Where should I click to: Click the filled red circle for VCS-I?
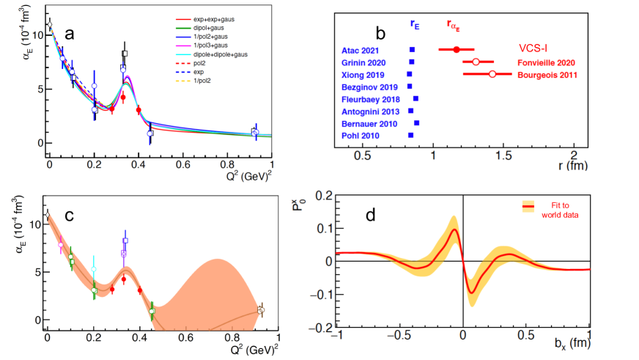(457, 49)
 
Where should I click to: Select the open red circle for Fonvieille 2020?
(476, 62)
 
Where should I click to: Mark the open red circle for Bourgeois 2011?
(492, 74)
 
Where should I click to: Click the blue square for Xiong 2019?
(410, 74)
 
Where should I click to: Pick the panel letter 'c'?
(68, 216)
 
